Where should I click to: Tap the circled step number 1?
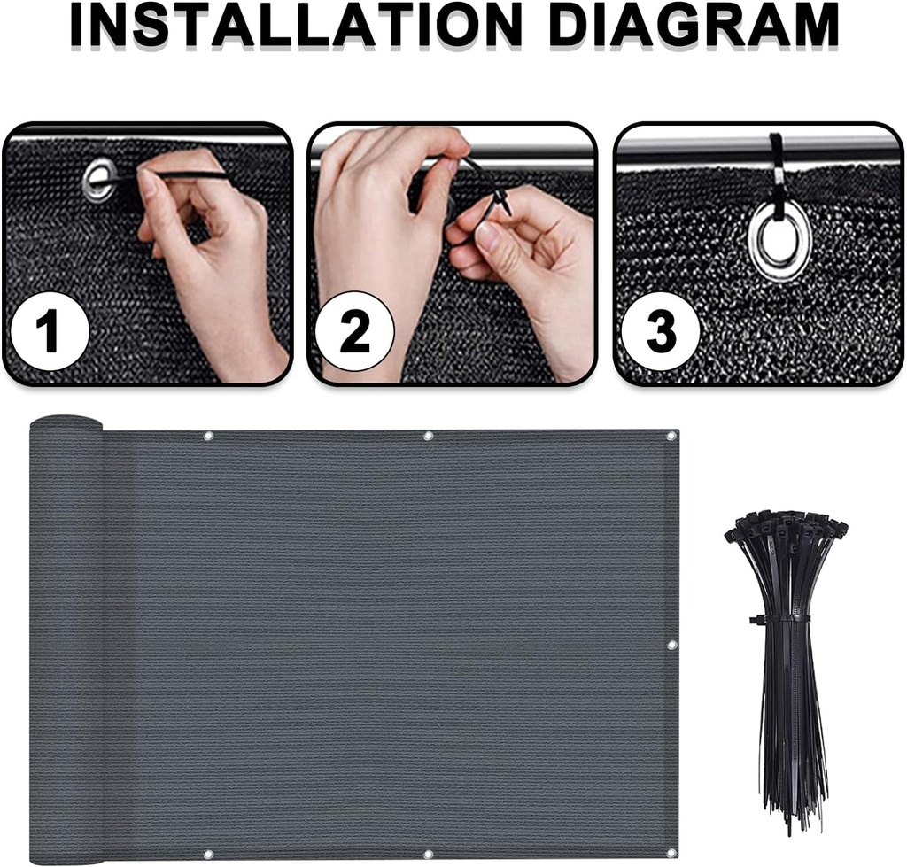49,330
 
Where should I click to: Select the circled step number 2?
354,330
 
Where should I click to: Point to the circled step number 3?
660,330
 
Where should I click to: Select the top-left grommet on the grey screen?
208,436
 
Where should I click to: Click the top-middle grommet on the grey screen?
428,436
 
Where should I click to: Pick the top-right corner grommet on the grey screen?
671,436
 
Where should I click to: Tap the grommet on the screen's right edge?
671,645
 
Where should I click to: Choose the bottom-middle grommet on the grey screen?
428,855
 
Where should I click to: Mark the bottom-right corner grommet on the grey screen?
671,855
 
